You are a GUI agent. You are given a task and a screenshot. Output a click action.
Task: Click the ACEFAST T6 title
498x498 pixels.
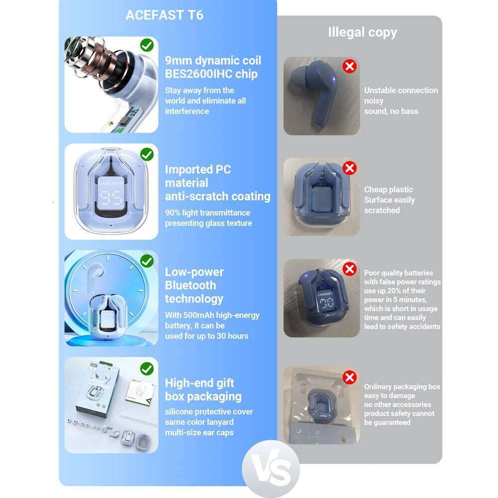pyautogui.click(x=164, y=15)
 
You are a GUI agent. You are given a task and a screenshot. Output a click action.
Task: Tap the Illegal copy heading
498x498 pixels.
pyautogui.click(x=362, y=32)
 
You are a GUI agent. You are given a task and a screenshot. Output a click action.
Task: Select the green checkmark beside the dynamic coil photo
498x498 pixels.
pyautogui.click(x=146, y=46)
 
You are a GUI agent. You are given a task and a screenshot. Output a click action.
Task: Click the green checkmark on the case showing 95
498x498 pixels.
pyautogui.click(x=146, y=154)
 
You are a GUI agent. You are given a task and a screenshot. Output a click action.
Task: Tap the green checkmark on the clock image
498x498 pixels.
pyautogui.click(x=146, y=261)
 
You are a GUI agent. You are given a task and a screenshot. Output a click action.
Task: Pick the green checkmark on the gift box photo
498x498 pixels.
pyautogui.click(x=146, y=369)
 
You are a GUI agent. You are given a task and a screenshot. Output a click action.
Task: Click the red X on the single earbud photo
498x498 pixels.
pyautogui.click(x=350, y=66)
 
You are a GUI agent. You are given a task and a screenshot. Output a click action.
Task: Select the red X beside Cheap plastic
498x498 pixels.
pyautogui.click(x=350, y=168)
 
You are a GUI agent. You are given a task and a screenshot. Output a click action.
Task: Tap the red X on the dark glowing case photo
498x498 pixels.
pyautogui.click(x=350, y=269)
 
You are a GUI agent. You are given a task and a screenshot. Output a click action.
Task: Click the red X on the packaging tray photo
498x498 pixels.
pyautogui.click(x=350, y=377)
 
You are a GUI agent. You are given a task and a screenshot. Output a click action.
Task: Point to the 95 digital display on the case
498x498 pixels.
pyautogui.click(x=111, y=198)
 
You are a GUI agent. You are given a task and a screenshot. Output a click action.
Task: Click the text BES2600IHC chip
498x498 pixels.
pyautogui.click(x=211, y=74)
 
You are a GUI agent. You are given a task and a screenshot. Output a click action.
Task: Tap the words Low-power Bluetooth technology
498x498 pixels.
pyautogui.click(x=194, y=285)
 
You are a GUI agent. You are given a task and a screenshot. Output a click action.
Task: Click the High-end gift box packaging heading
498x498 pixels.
pyautogui.click(x=203, y=390)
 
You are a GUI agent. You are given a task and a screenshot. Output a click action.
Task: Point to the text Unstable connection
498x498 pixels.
pyautogui.click(x=401, y=90)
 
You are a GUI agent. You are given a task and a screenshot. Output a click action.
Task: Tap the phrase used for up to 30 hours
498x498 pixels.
pyautogui.click(x=207, y=336)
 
